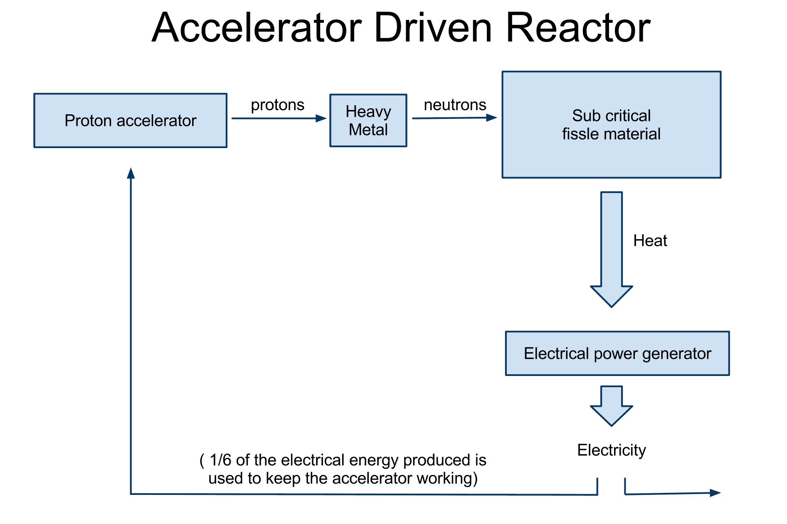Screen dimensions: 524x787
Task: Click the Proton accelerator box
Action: click(130, 121)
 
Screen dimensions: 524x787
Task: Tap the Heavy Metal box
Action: click(368, 121)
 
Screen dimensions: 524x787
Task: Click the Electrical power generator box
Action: click(617, 353)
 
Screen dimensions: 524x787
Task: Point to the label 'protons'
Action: click(277, 105)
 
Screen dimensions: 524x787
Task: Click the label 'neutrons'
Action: click(455, 105)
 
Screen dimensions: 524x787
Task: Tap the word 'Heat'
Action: click(650, 240)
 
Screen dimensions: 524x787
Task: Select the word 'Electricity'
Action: click(612, 450)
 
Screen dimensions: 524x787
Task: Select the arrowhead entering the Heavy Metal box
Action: click(321, 119)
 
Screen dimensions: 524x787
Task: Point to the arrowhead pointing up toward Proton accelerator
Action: click(131, 173)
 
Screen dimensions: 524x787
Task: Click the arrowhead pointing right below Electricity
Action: click(715, 493)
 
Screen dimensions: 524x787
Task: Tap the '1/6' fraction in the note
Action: click(220, 460)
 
